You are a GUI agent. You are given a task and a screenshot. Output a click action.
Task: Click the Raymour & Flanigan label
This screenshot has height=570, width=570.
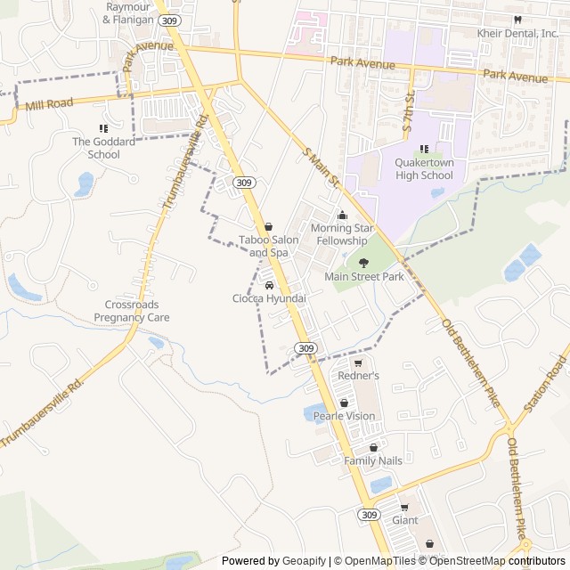click(134, 12)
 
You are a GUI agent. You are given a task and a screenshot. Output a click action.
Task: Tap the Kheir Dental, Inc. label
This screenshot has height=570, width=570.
click(518, 34)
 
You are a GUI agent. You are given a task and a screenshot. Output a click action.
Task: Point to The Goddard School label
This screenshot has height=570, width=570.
click(103, 148)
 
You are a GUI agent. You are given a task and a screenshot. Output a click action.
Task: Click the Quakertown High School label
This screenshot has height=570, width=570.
click(424, 168)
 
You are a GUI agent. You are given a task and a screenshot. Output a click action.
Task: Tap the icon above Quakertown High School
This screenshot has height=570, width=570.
click(424, 148)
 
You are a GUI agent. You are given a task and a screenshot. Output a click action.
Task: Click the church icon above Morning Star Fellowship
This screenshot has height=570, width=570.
click(342, 215)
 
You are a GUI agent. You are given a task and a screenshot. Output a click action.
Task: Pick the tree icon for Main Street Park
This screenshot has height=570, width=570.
click(363, 262)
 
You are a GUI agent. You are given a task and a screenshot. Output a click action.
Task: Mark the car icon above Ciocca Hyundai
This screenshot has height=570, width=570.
click(269, 285)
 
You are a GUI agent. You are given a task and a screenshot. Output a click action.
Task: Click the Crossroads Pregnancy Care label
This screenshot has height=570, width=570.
click(132, 311)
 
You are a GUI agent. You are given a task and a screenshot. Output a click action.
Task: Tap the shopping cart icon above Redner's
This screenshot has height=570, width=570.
click(359, 362)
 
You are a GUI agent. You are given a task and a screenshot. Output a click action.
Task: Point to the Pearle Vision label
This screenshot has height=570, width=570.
click(344, 416)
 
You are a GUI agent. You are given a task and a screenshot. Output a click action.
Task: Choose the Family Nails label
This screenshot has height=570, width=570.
click(373, 460)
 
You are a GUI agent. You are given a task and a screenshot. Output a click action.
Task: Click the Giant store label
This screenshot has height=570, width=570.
click(404, 520)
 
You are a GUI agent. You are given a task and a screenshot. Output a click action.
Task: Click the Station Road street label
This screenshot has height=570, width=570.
click(545, 384)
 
